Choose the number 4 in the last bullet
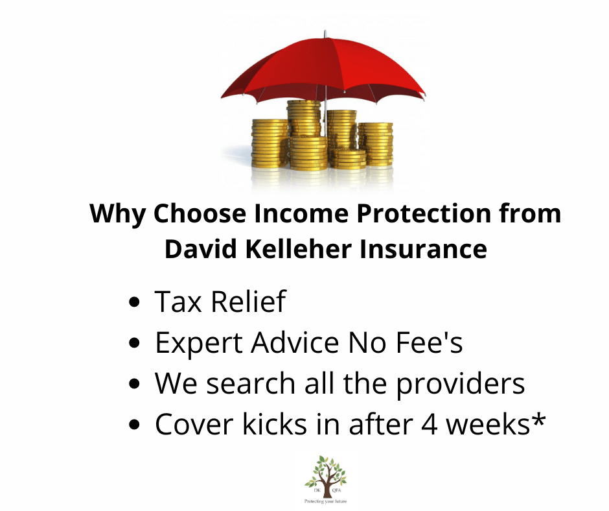415,424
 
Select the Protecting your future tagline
326,501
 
